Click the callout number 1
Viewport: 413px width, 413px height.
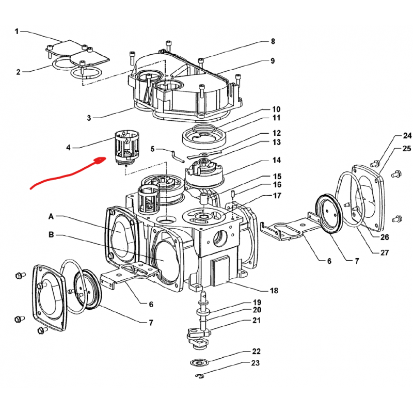click(x=17, y=31)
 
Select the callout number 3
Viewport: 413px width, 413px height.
click(x=89, y=118)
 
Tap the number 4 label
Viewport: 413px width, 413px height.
click(x=68, y=148)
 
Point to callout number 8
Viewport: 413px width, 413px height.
click(x=273, y=41)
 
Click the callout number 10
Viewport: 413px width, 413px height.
click(x=276, y=109)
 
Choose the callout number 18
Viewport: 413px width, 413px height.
click(x=274, y=291)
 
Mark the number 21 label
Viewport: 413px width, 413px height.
click(x=257, y=321)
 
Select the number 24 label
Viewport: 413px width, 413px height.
click(x=407, y=136)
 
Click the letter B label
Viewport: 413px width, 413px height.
click(x=51, y=235)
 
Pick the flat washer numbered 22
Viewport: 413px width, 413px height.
click(x=199, y=363)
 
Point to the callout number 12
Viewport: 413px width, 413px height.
click(x=276, y=133)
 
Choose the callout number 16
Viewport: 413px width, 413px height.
click(x=277, y=185)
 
